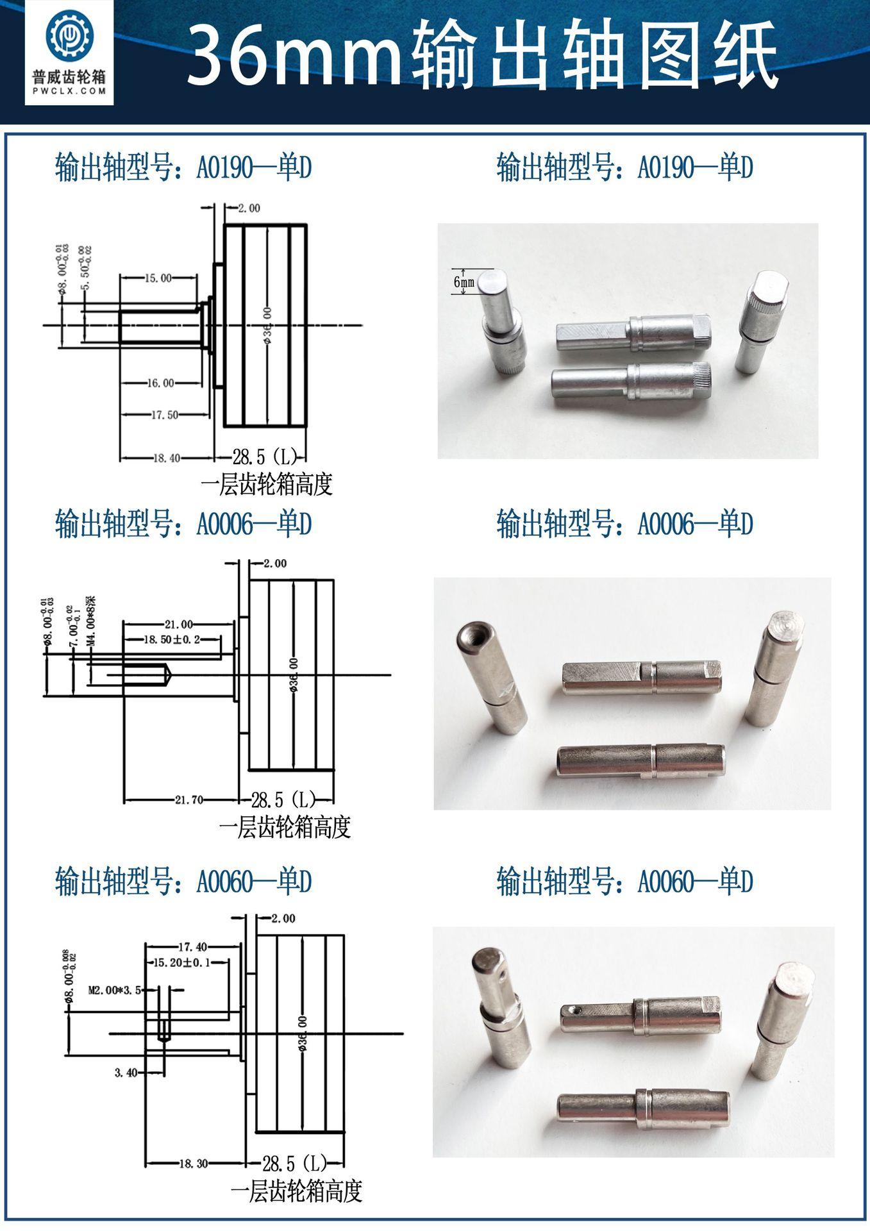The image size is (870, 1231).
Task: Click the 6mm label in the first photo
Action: pos(464,282)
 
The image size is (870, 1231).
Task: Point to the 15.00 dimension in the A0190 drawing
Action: pos(158,278)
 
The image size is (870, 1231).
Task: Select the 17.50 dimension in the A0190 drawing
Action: pos(165,415)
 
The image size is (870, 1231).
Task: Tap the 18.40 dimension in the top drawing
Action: pos(166,458)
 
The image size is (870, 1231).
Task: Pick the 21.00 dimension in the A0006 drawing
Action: pos(178,624)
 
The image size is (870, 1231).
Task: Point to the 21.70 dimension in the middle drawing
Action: pos(189,800)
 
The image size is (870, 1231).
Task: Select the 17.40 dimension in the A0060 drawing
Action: pos(192,946)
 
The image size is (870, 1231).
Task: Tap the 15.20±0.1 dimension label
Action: pos(183,962)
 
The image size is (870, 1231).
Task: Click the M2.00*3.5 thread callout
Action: pos(113,990)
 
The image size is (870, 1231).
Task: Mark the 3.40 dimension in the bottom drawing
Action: pos(126,1072)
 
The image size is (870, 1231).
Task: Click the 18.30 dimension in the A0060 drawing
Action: pos(193,1163)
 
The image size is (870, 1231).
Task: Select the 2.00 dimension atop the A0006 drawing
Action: pos(274,564)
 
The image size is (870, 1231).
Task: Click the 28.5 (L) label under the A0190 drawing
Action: pos(265,457)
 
